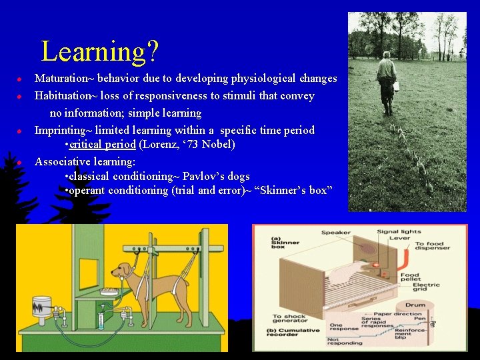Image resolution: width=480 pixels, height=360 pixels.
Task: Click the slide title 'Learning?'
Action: pyautogui.click(x=99, y=51)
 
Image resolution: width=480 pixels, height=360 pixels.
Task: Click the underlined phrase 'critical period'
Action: pyautogui.click(x=103, y=145)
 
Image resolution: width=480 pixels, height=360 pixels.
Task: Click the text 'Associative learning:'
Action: pyautogui.click(x=85, y=161)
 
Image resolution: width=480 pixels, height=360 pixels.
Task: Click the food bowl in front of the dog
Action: pyautogui.click(x=109, y=291)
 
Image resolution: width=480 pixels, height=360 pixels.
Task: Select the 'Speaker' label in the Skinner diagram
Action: pyautogui.click(x=336, y=233)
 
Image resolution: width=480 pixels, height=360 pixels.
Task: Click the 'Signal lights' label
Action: pyautogui.click(x=399, y=232)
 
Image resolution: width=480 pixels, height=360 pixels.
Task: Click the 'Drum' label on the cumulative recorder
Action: pyautogui.click(x=415, y=305)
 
